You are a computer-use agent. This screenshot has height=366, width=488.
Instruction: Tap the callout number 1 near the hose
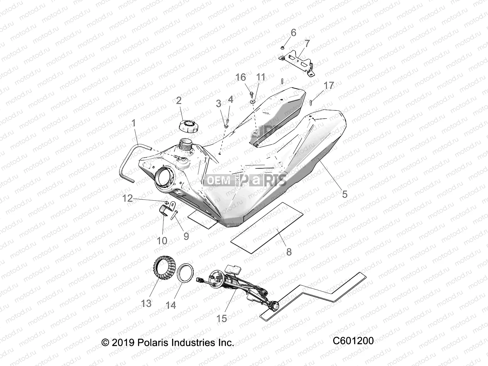133,124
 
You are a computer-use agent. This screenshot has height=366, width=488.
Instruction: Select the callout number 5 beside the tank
345,194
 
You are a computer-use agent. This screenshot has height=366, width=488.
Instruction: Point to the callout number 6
293,33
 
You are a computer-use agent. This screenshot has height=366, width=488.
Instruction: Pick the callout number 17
329,85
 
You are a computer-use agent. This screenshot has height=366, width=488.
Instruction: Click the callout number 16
241,77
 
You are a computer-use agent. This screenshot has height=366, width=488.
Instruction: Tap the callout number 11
261,77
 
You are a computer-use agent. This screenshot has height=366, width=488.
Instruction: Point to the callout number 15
222,318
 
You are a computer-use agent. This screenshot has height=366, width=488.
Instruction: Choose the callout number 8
289,252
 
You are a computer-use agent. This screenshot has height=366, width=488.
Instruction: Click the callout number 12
128,199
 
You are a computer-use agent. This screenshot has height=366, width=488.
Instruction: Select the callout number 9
186,236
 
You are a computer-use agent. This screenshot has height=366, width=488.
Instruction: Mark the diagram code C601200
353,341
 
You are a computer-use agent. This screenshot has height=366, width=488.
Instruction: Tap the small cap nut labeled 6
283,47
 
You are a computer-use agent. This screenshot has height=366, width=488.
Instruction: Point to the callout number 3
219,104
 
